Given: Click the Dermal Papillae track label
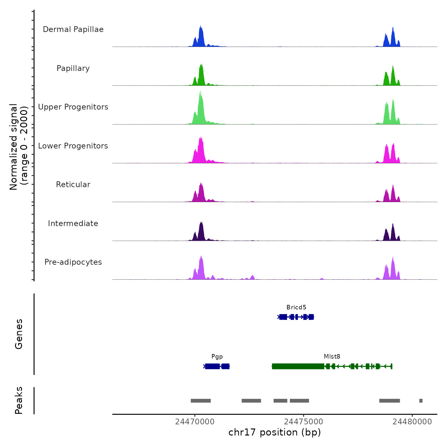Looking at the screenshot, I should pyautogui.click(x=73, y=29).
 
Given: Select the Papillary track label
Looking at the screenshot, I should pyautogui.click(x=73, y=68).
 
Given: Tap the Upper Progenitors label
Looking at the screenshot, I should pyautogui.click(x=73, y=107).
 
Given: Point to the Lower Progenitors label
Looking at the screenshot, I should pyautogui.click(x=73, y=146).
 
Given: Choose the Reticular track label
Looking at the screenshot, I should pyautogui.click(x=73, y=185).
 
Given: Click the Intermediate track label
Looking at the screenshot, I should pyautogui.click(x=73, y=223).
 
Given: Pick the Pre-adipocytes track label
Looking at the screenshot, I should pyautogui.click(x=73, y=262).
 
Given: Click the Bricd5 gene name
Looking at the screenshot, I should pyautogui.click(x=296, y=307).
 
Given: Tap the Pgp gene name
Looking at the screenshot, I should pyautogui.click(x=217, y=357).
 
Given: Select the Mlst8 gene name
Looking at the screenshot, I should pyautogui.click(x=332, y=357).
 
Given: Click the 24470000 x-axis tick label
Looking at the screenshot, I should pyautogui.click(x=195, y=422).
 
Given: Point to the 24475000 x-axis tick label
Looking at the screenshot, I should pyautogui.click(x=304, y=422).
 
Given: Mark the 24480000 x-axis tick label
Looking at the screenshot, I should pyautogui.click(x=412, y=422).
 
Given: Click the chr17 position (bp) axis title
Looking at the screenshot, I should pyautogui.click(x=275, y=432).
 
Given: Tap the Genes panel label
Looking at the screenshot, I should pyautogui.click(x=19, y=334).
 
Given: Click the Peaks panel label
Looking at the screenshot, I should pyautogui.click(x=19, y=400).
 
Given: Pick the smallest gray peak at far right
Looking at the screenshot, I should pyautogui.click(x=421, y=401).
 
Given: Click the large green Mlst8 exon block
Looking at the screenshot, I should pyautogui.click(x=298, y=366).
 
